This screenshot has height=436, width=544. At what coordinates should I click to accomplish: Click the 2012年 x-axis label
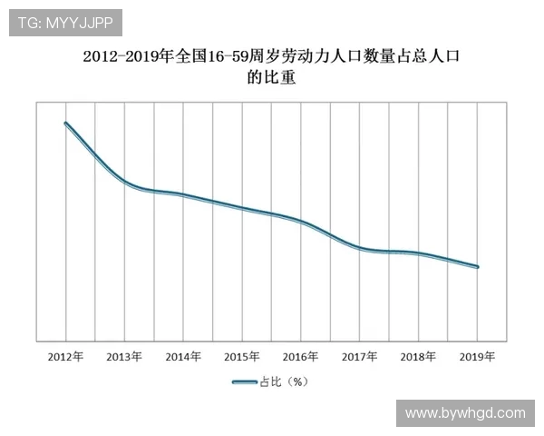[x=65, y=356]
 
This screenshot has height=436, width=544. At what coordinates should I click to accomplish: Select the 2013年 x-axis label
[x=124, y=356]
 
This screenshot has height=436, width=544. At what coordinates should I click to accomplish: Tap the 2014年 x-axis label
[x=183, y=356]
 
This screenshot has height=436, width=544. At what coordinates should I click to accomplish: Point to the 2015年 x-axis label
[x=242, y=356]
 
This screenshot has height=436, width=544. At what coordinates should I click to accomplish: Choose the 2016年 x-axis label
[x=301, y=356]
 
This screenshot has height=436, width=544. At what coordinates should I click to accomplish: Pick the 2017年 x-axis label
[x=360, y=356]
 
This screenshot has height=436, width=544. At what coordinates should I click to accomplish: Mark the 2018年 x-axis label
[x=419, y=356]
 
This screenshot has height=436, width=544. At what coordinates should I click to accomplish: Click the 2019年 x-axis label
[x=478, y=356]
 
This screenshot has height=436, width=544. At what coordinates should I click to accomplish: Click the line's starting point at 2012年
[x=66, y=124]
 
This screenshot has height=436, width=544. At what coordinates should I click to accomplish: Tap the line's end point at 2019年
[x=478, y=267]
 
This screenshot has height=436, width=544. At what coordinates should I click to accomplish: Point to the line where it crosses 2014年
[x=183, y=195]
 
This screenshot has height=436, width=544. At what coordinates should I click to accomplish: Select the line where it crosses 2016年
[x=301, y=222]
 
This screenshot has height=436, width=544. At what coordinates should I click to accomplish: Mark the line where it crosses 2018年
[x=419, y=253]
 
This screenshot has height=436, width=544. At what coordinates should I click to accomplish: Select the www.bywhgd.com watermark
[x=465, y=412]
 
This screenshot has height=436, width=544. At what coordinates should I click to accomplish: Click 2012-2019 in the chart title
[x=118, y=56]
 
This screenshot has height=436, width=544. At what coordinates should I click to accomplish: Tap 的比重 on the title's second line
[x=272, y=79]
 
